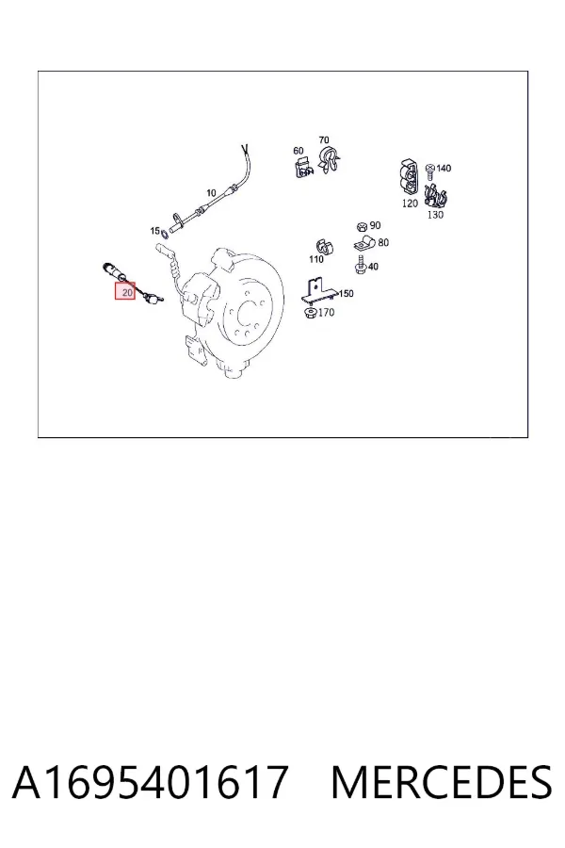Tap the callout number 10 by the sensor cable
[x=211, y=192]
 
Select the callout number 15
[x=154, y=231]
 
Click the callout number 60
[x=299, y=151]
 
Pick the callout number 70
[x=324, y=140]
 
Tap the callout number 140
[x=444, y=169]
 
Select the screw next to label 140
[x=430, y=173]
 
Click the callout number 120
[x=410, y=204]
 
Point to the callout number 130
[x=435, y=215]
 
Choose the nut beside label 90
[x=363, y=226]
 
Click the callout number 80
[x=383, y=243]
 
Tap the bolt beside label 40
[x=361, y=266]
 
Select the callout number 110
[x=316, y=260]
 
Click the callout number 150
[x=346, y=294]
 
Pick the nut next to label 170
[x=311, y=313]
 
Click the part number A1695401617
[x=150, y=783]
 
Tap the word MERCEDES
[x=442, y=783]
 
